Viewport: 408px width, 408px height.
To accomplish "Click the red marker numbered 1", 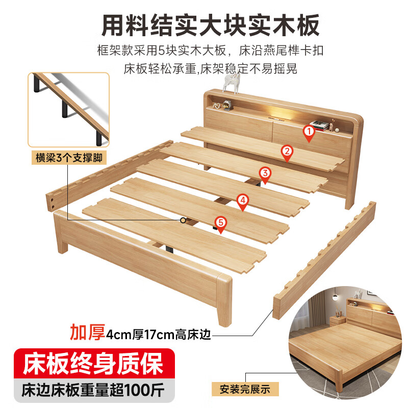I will click(x=308, y=132).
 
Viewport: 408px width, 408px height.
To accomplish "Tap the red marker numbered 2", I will click(x=287, y=151).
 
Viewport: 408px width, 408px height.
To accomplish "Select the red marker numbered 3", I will click(x=265, y=174).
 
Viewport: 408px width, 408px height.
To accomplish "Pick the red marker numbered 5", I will click(x=220, y=223).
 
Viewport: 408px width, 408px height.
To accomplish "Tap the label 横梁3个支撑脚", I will click(x=68, y=157).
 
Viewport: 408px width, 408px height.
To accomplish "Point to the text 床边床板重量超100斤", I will click(x=92, y=391).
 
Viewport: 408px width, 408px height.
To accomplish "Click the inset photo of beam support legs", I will click(x=68, y=109).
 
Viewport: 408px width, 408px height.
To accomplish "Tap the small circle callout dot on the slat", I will click(x=183, y=220).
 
